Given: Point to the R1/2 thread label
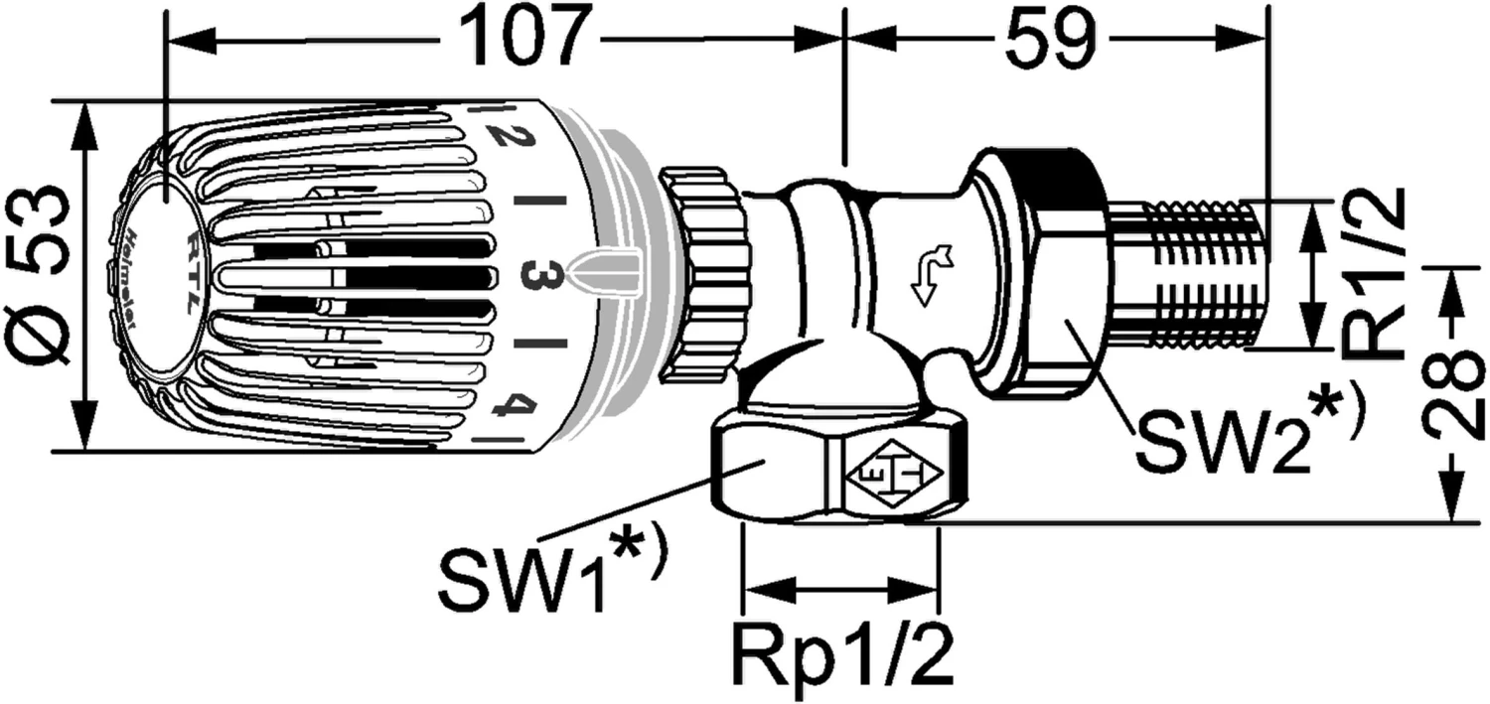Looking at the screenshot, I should (x=1375, y=273).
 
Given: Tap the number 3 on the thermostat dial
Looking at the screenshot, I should (x=539, y=274).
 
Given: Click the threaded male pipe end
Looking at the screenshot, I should (x=1188, y=274).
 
